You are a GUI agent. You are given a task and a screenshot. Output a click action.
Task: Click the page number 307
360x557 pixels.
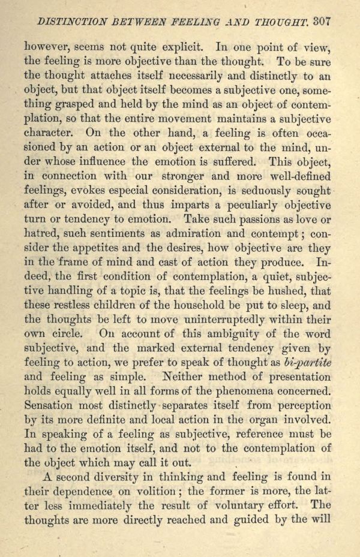tap(321, 21)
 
